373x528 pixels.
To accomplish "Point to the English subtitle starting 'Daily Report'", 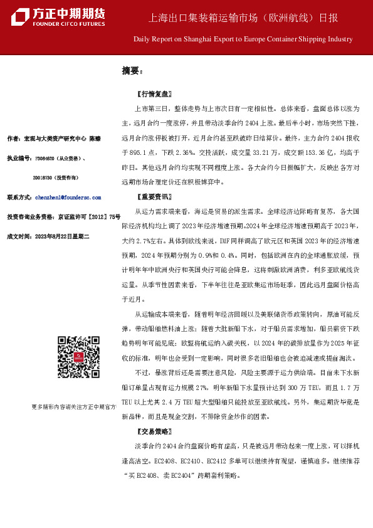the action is coord(243,39).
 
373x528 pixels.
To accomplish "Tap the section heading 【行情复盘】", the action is coord(153,95).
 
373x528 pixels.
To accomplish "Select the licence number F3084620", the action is coord(47,158).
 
